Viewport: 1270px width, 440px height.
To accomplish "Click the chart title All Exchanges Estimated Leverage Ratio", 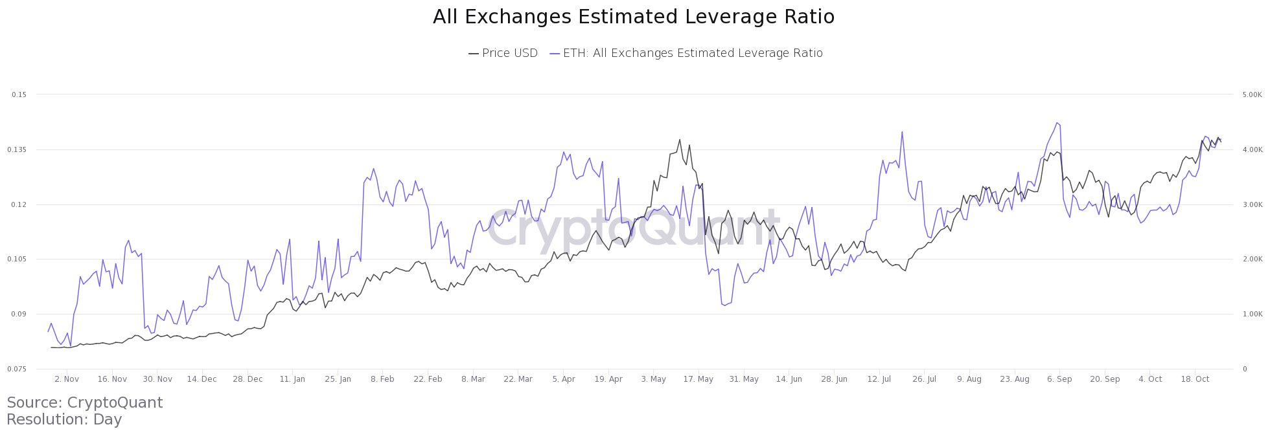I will click(x=633, y=17).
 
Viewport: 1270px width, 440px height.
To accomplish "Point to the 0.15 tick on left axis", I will click(x=19, y=94).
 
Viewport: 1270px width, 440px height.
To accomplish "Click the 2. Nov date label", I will click(x=67, y=379).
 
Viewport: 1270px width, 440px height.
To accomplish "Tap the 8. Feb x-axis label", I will click(x=382, y=379).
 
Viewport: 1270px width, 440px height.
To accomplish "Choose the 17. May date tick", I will click(x=698, y=379).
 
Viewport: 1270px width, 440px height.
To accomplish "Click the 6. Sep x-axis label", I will click(x=1059, y=379).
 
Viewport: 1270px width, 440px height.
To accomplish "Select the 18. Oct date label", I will click(x=1195, y=379).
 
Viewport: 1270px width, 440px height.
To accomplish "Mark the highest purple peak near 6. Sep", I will click(x=1057, y=122).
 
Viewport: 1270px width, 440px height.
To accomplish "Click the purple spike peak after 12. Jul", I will click(x=902, y=132).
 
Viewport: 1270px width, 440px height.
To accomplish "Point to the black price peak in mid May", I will click(x=680, y=139).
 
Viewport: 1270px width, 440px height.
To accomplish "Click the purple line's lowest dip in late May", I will click(x=724, y=305).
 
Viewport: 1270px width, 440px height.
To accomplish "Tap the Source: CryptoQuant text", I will click(x=84, y=402).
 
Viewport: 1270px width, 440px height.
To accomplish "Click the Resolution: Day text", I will click(x=64, y=419).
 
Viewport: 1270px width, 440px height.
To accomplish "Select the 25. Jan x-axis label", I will click(x=338, y=379).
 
